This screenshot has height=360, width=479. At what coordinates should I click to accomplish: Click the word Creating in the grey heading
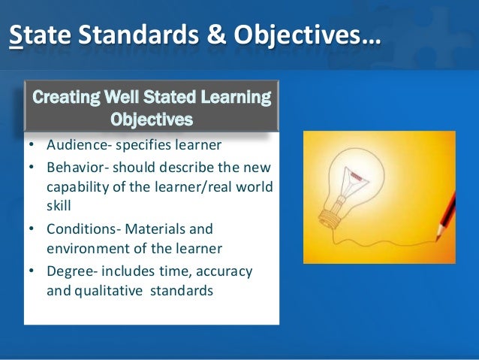60,98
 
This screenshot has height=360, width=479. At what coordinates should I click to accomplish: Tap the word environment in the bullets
84,245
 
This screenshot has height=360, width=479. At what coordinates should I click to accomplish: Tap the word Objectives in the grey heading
151,118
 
